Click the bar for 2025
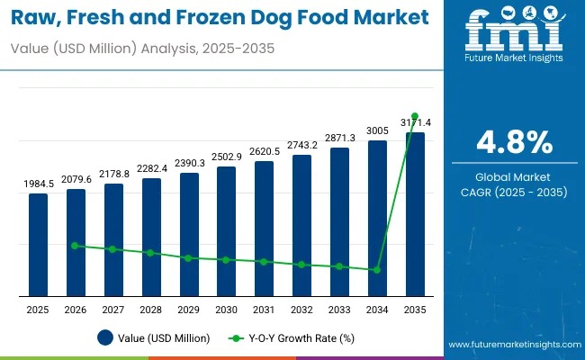click(38, 244)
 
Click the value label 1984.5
click(38, 184)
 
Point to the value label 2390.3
click(188, 164)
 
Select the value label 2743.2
click(301, 145)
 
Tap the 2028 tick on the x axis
click(150, 310)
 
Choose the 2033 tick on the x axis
click(338, 310)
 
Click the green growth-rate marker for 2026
click(76, 245)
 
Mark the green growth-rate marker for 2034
click(376, 269)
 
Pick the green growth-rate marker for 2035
click(414, 116)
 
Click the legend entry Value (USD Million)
click(154, 338)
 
